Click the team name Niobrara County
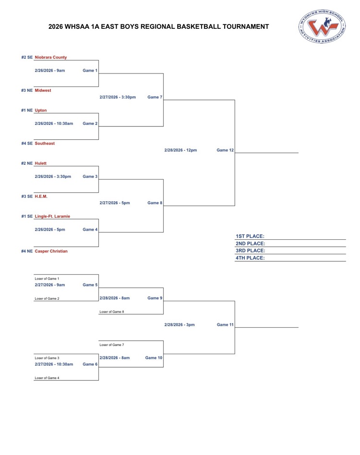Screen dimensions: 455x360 (x=50, y=57)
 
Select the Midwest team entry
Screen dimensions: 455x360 (x=43, y=90)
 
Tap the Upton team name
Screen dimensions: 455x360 (x=40, y=110)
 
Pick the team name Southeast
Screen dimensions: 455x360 (x=45, y=143)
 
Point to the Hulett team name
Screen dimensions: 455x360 (x=41, y=163)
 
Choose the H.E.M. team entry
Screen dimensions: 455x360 (x=41, y=196)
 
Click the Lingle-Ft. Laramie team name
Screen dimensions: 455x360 (x=52, y=216)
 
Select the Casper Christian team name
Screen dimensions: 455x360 (x=51, y=251)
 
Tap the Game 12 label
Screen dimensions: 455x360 (x=225, y=150)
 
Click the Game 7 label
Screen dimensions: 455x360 (x=155, y=98)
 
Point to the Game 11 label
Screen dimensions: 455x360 (x=225, y=325)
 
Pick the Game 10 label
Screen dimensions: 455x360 (x=154, y=357)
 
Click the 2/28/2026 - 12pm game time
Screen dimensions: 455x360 (x=180, y=150)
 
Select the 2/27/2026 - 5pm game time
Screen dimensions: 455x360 (x=114, y=203)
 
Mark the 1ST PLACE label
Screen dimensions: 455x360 (x=251, y=236)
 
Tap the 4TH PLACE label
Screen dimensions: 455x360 (x=251, y=258)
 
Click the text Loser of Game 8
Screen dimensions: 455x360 (x=112, y=312)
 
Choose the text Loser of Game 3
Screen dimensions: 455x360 (x=47, y=358)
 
